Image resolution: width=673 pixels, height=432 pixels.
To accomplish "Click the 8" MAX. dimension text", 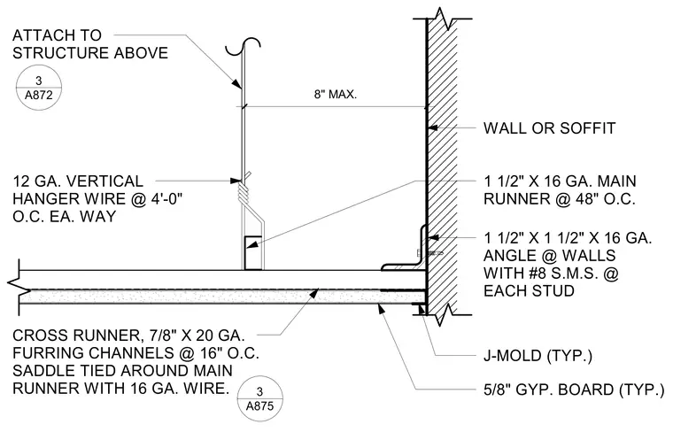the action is pyautogui.click(x=336, y=95).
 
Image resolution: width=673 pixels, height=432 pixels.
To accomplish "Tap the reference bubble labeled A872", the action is pyautogui.click(x=39, y=88).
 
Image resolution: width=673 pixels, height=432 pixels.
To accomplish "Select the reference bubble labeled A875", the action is pyautogui.click(x=259, y=398).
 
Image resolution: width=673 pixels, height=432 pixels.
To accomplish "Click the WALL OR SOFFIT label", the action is pyautogui.click(x=549, y=127).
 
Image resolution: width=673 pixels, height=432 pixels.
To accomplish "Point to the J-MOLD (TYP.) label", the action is pyautogui.click(x=538, y=356).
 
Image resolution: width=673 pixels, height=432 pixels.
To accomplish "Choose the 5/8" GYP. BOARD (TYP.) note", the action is pyautogui.click(x=574, y=390).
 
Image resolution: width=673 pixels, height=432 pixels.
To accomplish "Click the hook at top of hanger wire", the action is pyautogui.click(x=244, y=47).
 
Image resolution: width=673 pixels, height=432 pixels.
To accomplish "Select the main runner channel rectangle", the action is pyautogui.click(x=253, y=252).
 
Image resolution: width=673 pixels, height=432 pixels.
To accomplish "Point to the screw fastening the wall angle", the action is pyautogui.click(x=429, y=253).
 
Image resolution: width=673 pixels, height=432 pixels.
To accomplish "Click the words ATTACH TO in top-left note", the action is pyautogui.click(x=57, y=35).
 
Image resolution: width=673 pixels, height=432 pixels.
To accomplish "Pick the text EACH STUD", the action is pyautogui.click(x=529, y=291).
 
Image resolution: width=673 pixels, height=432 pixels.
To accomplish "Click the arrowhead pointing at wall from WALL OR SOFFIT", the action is pyautogui.click(x=434, y=127).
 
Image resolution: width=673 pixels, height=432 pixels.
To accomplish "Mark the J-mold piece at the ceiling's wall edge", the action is pyautogui.click(x=419, y=309).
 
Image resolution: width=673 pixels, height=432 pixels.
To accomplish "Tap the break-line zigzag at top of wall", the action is pyautogui.click(x=444, y=19).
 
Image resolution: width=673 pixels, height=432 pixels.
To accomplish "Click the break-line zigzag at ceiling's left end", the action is pyautogui.click(x=17, y=283).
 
